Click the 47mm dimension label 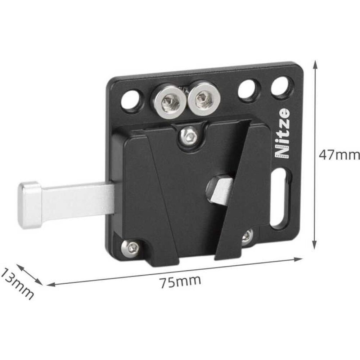[x=339, y=155]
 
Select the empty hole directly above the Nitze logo [x=280, y=87]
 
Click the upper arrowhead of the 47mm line [x=316, y=65]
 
